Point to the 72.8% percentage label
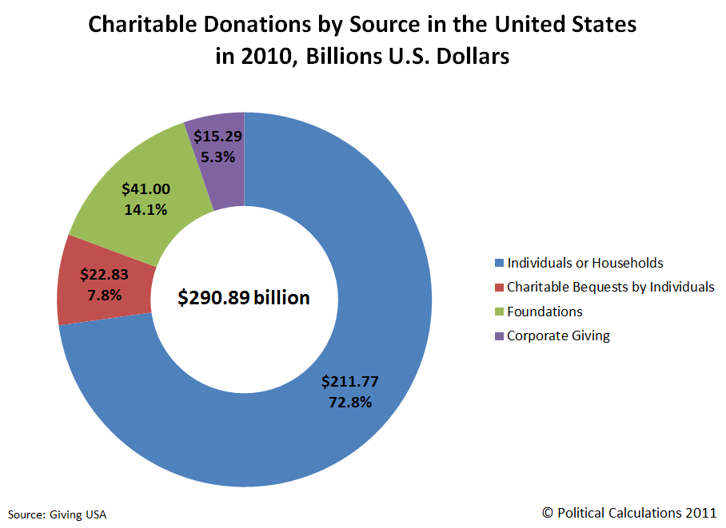click(350, 402)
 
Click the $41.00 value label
click(145, 189)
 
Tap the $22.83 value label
click(105, 275)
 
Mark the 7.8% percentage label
click(105, 294)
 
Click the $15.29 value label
click(218, 137)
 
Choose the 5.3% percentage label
click(218, 157)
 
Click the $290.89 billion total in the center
click(243, 298)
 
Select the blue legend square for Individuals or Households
click(500, 264)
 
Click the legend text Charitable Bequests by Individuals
click(610, 288)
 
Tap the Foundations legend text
click(544, 312)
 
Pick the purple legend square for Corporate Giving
click(500, 336)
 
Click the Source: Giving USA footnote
click(57, 514)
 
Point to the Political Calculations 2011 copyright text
click(629, 512)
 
